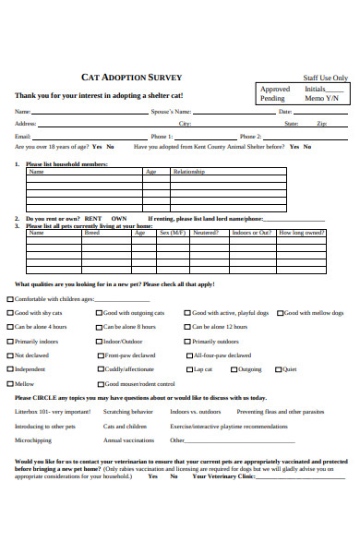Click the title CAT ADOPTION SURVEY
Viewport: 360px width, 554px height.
(x=132, y=77)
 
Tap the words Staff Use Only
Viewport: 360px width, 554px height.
(x=325, y=78)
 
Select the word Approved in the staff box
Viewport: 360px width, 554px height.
(x=274, y=90)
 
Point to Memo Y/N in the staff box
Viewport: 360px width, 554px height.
(x=321, y=98)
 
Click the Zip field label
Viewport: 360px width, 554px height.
(x=321, y=123)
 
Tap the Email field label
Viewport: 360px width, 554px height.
(x=22, y=136)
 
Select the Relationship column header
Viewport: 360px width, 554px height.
(x=188, y=172)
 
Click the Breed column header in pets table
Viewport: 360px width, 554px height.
(x=91, y=233)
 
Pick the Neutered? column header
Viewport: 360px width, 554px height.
(x=205, y=233)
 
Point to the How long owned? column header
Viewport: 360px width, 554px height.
(x=301, y=233)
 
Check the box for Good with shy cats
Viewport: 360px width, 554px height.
(x=10, y=313)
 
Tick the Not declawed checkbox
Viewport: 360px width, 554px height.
(x=10, y=355)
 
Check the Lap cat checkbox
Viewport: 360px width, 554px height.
(x=188, y=368)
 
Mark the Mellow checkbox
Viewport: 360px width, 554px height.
(x=10, y=383)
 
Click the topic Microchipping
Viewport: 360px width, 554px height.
(x=32, y=440)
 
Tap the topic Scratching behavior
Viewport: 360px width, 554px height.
(x=127, y=412)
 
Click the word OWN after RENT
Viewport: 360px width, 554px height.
(x=118, y=219)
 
